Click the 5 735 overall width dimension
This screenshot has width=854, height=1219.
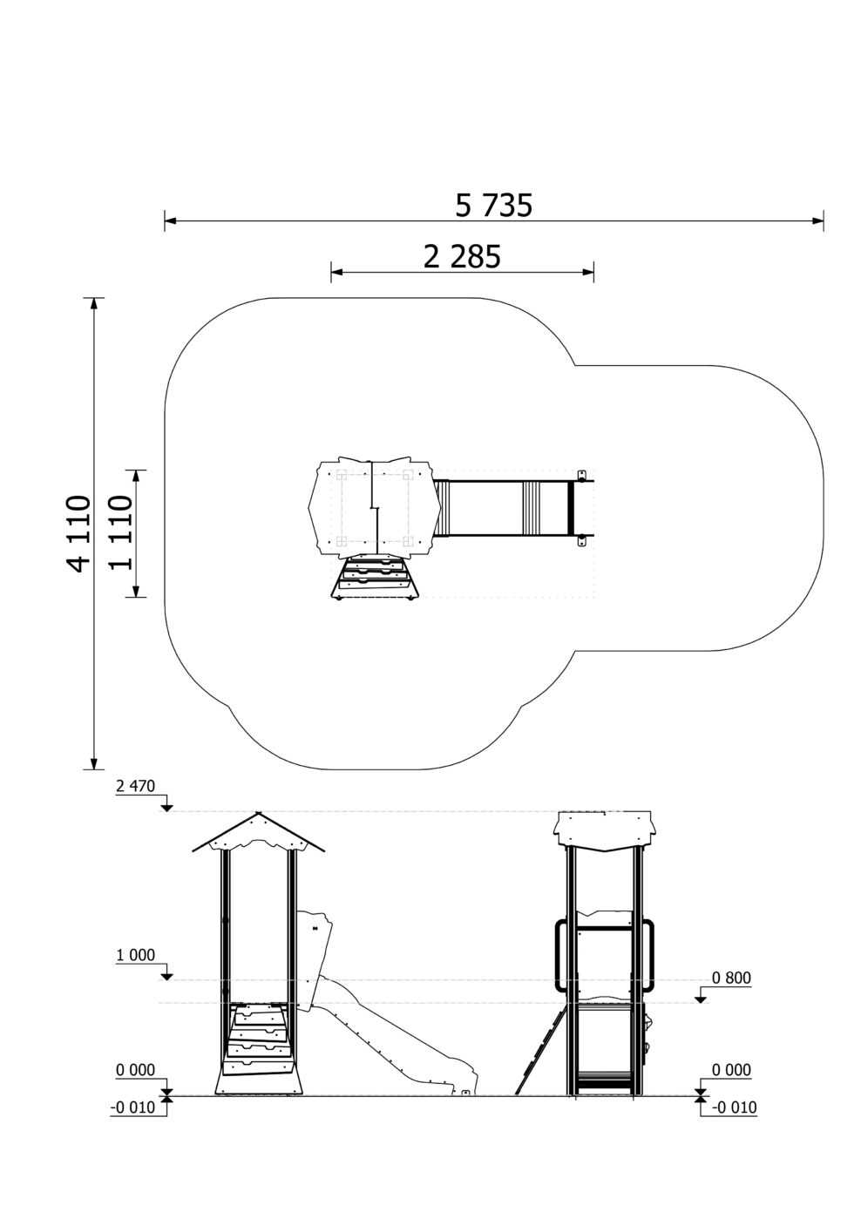(494, 206)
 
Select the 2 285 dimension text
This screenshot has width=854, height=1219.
(462, 257)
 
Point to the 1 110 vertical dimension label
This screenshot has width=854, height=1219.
(120, 532)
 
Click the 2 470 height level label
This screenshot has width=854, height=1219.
(136, 786)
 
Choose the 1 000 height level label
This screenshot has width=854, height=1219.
(136, 955)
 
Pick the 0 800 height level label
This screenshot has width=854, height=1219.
(731, 978)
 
